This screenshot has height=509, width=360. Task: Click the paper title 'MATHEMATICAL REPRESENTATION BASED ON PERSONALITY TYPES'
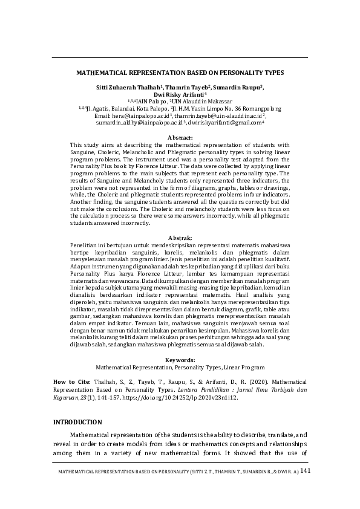point(180,72)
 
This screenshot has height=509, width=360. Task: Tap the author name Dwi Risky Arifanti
point(179,94)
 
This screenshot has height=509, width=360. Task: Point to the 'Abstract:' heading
point(180,138)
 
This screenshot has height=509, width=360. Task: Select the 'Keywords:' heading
point(180,360)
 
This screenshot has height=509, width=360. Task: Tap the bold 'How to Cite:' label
point(71,382)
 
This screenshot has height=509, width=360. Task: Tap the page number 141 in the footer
point(304,471)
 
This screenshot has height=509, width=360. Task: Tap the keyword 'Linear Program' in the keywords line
point(243,367)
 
